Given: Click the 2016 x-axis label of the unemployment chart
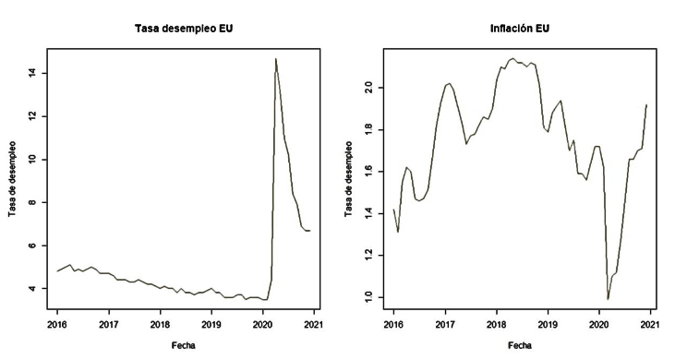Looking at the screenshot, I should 57,325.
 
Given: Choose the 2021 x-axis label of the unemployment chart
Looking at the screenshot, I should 314,325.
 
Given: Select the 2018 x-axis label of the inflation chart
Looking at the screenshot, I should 496,325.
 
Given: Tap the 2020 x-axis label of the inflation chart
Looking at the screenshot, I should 598,325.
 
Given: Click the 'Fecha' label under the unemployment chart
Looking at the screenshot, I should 182,346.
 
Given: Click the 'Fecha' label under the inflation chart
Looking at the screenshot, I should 519,346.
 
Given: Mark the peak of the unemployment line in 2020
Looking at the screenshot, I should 275,59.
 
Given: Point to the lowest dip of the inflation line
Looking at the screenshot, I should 608,299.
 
